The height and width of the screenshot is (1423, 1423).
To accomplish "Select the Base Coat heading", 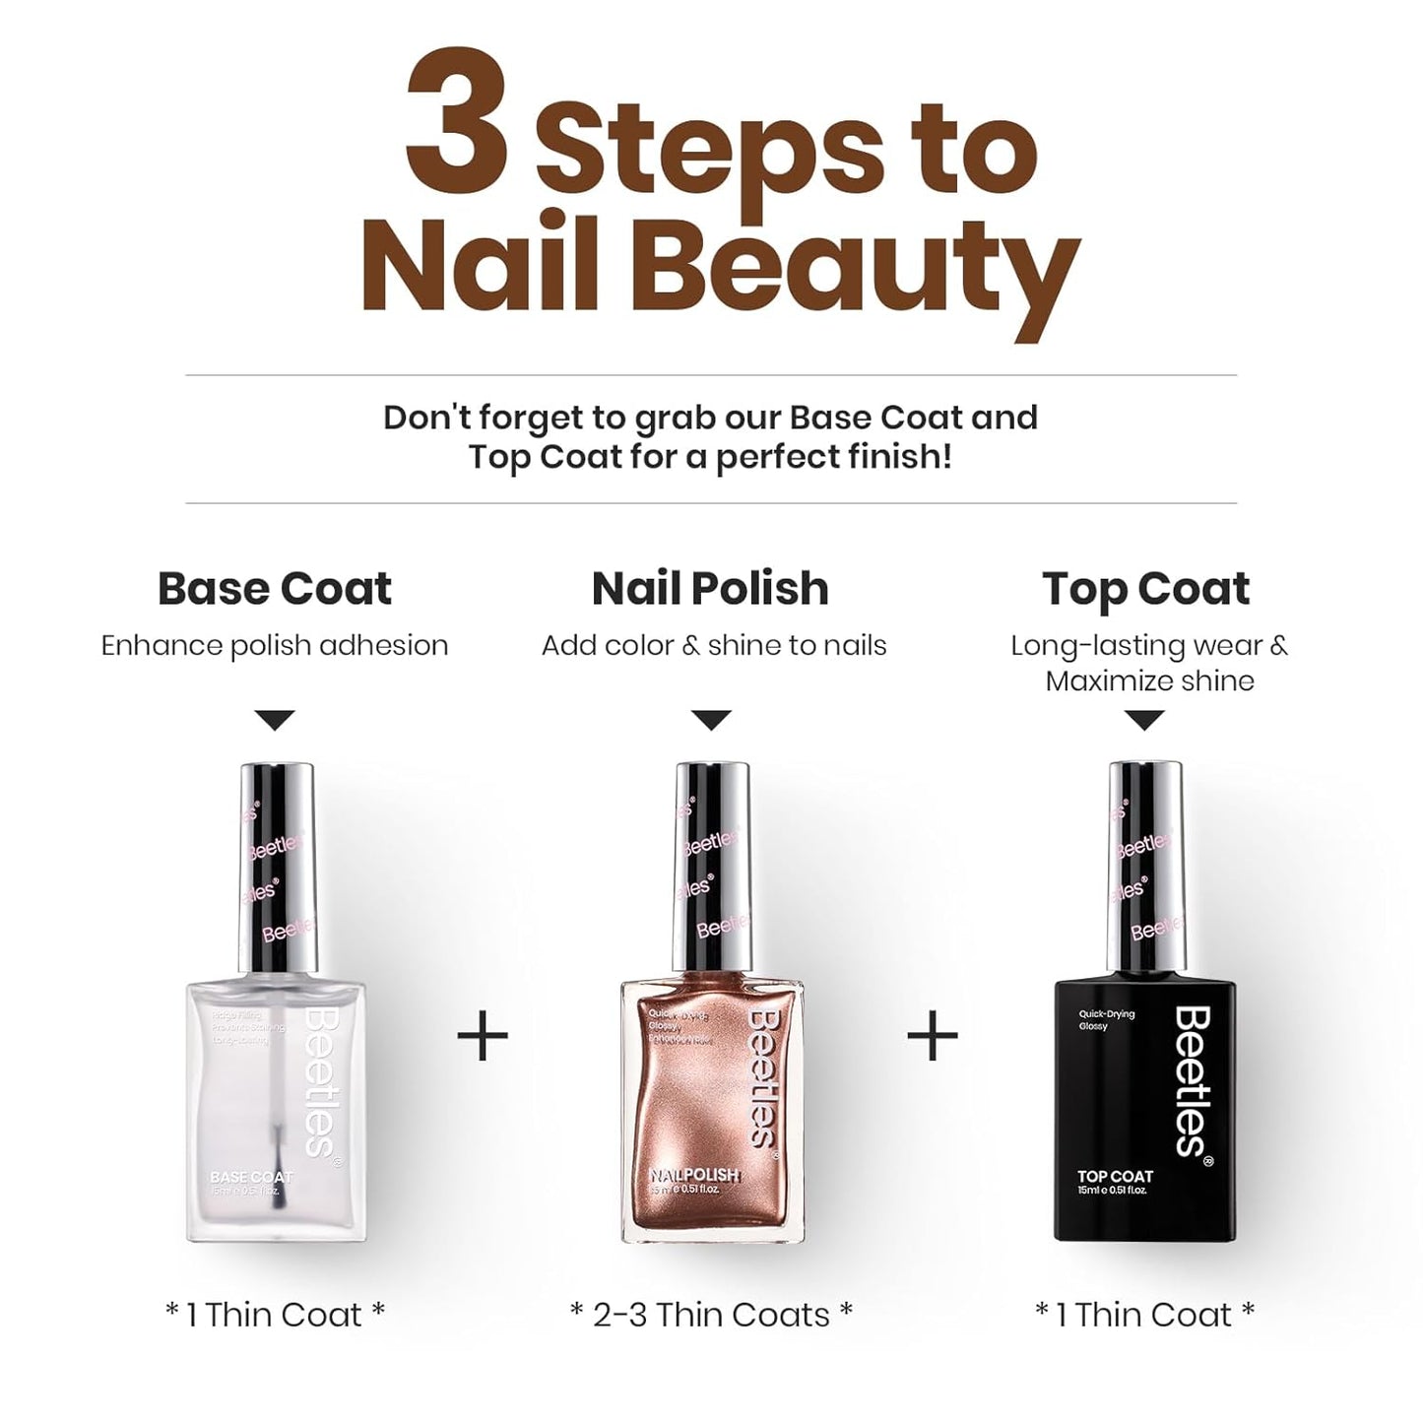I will click(x=275, y=589).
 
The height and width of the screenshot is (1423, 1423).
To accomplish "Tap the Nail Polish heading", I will click(x=710, y=589).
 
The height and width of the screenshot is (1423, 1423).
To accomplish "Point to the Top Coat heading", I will click(x=1145, y=589).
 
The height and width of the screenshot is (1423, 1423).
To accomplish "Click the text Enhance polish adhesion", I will click(x=275, y=646).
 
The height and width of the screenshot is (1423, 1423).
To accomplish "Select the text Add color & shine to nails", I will click(x=714, y=646).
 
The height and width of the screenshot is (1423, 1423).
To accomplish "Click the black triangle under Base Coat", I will click(x=275, y=720).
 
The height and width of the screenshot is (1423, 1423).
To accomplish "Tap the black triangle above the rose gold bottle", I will click(x=711, y=720).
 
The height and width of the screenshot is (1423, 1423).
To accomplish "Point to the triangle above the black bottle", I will click(x=1144, y=720).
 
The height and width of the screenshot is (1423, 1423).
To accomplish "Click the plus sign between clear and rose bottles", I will click(x=484, y=1036).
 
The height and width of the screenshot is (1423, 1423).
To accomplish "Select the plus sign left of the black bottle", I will click(x=932, y=1036).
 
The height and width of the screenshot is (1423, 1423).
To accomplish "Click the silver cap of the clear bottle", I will click(x=278, y=867).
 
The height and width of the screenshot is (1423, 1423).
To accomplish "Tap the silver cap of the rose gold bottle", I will click(x=712, y=867).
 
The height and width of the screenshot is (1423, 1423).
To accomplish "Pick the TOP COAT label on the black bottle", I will click(x=1115, y=1176).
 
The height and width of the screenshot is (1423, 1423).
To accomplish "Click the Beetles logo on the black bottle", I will click(x=1194, y=1080).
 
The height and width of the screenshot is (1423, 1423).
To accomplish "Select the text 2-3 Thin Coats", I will click(x=711, y=1315).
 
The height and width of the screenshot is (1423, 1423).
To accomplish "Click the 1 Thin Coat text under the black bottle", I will click(x=1144, y=1315).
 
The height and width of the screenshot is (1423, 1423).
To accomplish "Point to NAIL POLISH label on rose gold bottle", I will click(x=693, y=1175).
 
